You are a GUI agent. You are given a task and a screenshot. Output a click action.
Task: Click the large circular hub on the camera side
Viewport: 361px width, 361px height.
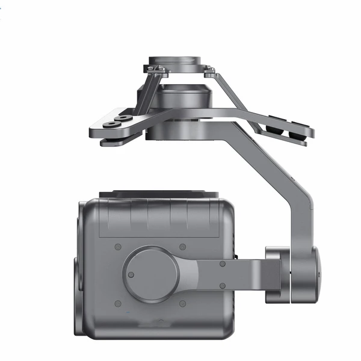click(151, 274)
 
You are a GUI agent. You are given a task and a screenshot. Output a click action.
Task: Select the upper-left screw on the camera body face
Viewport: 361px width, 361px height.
click(118, 247)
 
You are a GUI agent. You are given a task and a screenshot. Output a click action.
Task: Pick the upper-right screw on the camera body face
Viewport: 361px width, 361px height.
click(183, 247)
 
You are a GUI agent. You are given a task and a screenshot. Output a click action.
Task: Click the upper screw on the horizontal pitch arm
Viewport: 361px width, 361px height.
click(222, 264)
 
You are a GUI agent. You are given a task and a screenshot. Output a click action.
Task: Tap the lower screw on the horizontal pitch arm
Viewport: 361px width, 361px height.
click(222, 285)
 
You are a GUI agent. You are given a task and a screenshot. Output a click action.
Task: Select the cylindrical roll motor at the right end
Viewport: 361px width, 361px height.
click(295, 274)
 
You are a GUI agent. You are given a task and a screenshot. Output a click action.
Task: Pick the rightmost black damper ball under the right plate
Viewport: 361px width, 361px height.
click(294, 133)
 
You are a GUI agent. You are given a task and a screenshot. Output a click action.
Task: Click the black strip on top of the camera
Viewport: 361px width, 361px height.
click(159, 194)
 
